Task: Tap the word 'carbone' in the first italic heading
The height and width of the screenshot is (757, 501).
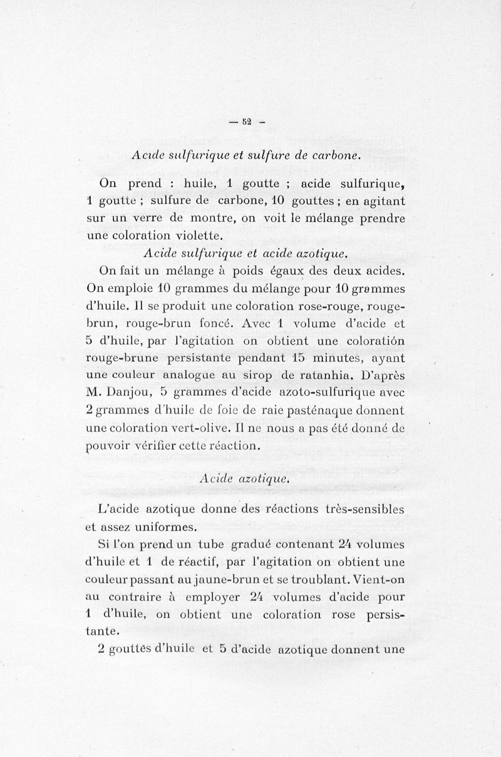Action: click(x=334, y=156)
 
